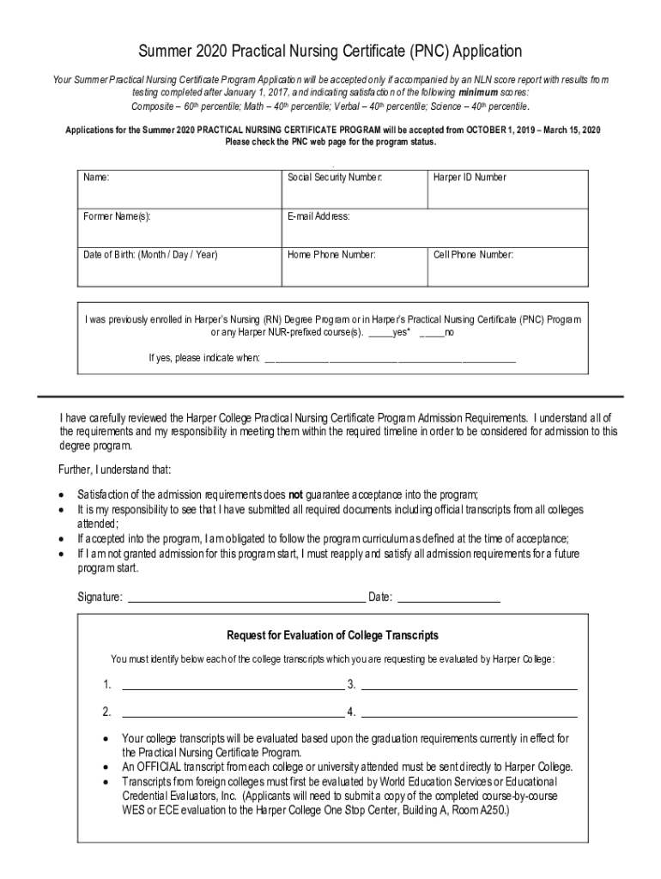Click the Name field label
[x=96, y=178]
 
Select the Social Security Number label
[x=334, y=178]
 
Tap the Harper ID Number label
[x=470, y=178]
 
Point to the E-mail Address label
[x=318, y=216]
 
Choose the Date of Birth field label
[x=150, y=255]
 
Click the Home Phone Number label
[x=331, y=255]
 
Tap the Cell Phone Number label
[x=473, y=255]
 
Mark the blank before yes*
[x=379, y=333]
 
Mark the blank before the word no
[x=431, y=333]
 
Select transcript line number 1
[x=233, y=688]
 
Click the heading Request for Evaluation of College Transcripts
[x=332, y=635]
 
